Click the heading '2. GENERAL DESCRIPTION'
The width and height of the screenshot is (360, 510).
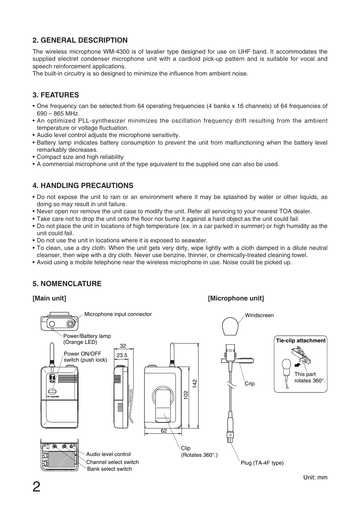[x=80, y=40]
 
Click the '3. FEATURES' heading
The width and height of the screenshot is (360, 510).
[x=56, y=95]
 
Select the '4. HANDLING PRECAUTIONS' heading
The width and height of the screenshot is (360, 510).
[x=83, y=185]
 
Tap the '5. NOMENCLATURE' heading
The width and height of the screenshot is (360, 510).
[x=67, y=284]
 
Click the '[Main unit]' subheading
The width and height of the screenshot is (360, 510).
[x=49, y=298]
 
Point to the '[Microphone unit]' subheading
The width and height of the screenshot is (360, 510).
[x=236, y=298]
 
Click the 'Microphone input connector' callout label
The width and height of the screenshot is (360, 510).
[x=118, y=314]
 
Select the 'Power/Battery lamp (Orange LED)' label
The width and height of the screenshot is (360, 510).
[x=87, y=339]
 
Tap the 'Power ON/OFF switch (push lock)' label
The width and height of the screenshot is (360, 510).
[x=85, y=357]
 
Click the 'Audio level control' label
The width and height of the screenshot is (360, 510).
[x=108, y=454]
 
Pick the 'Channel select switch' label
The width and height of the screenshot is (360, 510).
[x=112, y=462]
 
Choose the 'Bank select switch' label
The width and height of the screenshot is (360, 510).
[x=109, y=469]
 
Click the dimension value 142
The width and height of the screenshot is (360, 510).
[x=195, y=384]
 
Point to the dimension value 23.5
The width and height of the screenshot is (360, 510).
[x=122, y=355]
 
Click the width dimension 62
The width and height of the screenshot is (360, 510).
[x=164, y=431]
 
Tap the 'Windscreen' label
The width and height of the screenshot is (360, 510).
[x=259, y=315]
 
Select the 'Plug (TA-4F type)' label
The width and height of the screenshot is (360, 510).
[x=262, y=463]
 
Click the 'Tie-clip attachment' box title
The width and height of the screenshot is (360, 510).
[x=300, y=341]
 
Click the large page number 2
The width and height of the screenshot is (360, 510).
[x=36, y=487]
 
